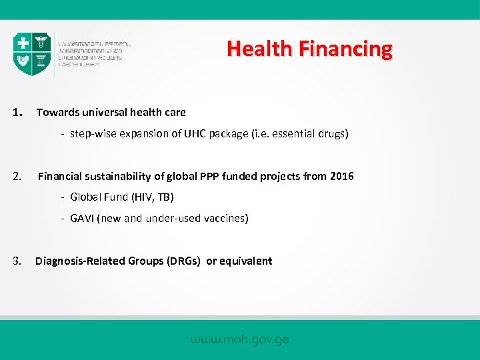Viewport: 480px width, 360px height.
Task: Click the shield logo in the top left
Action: [x=32, y=54]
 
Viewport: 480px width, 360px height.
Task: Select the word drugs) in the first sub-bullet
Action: [x=332, y=133]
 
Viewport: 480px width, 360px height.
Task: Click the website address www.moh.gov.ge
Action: [x=240, y=339]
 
